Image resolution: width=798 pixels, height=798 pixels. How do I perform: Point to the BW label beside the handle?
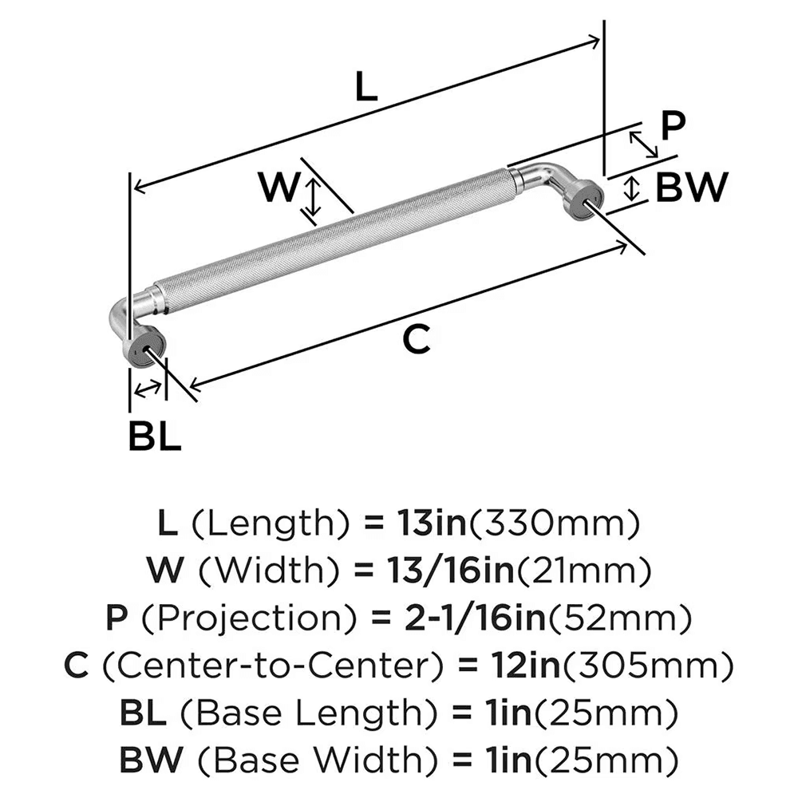691,189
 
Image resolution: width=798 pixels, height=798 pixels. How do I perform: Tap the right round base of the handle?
583,199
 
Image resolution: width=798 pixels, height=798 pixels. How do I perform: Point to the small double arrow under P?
644,144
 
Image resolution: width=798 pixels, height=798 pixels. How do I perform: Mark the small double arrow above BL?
147,389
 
